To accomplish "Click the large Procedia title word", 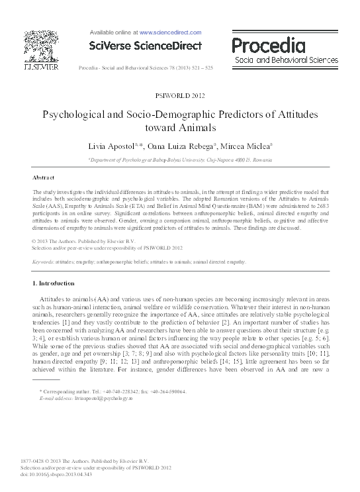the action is pos(268,45).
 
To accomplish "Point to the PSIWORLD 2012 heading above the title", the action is pos(179,95).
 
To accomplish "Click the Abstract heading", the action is pos(43,178).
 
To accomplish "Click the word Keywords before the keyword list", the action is pos(44,262).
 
